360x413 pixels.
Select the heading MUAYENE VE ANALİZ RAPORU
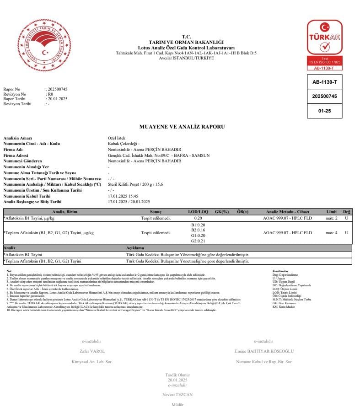[182, 127]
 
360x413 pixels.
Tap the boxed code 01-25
[324, 111]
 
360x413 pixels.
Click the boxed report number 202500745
[324, 97]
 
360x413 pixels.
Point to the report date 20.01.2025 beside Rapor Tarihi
[57, 99]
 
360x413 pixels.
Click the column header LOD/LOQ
[198, 212]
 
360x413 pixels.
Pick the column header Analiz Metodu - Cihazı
[287, 212]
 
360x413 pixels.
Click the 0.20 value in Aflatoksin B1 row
[198, 218]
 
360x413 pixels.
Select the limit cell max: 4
[331, 233]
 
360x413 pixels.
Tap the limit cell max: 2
[331, 218]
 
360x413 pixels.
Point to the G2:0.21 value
[198, 241]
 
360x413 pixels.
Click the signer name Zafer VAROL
[92, 351]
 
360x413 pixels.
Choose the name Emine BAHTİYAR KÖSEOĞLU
[264, 351]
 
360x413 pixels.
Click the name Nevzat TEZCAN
[177, 394]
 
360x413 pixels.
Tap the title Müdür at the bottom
[177, 405]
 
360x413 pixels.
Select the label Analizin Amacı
[17, 138]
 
